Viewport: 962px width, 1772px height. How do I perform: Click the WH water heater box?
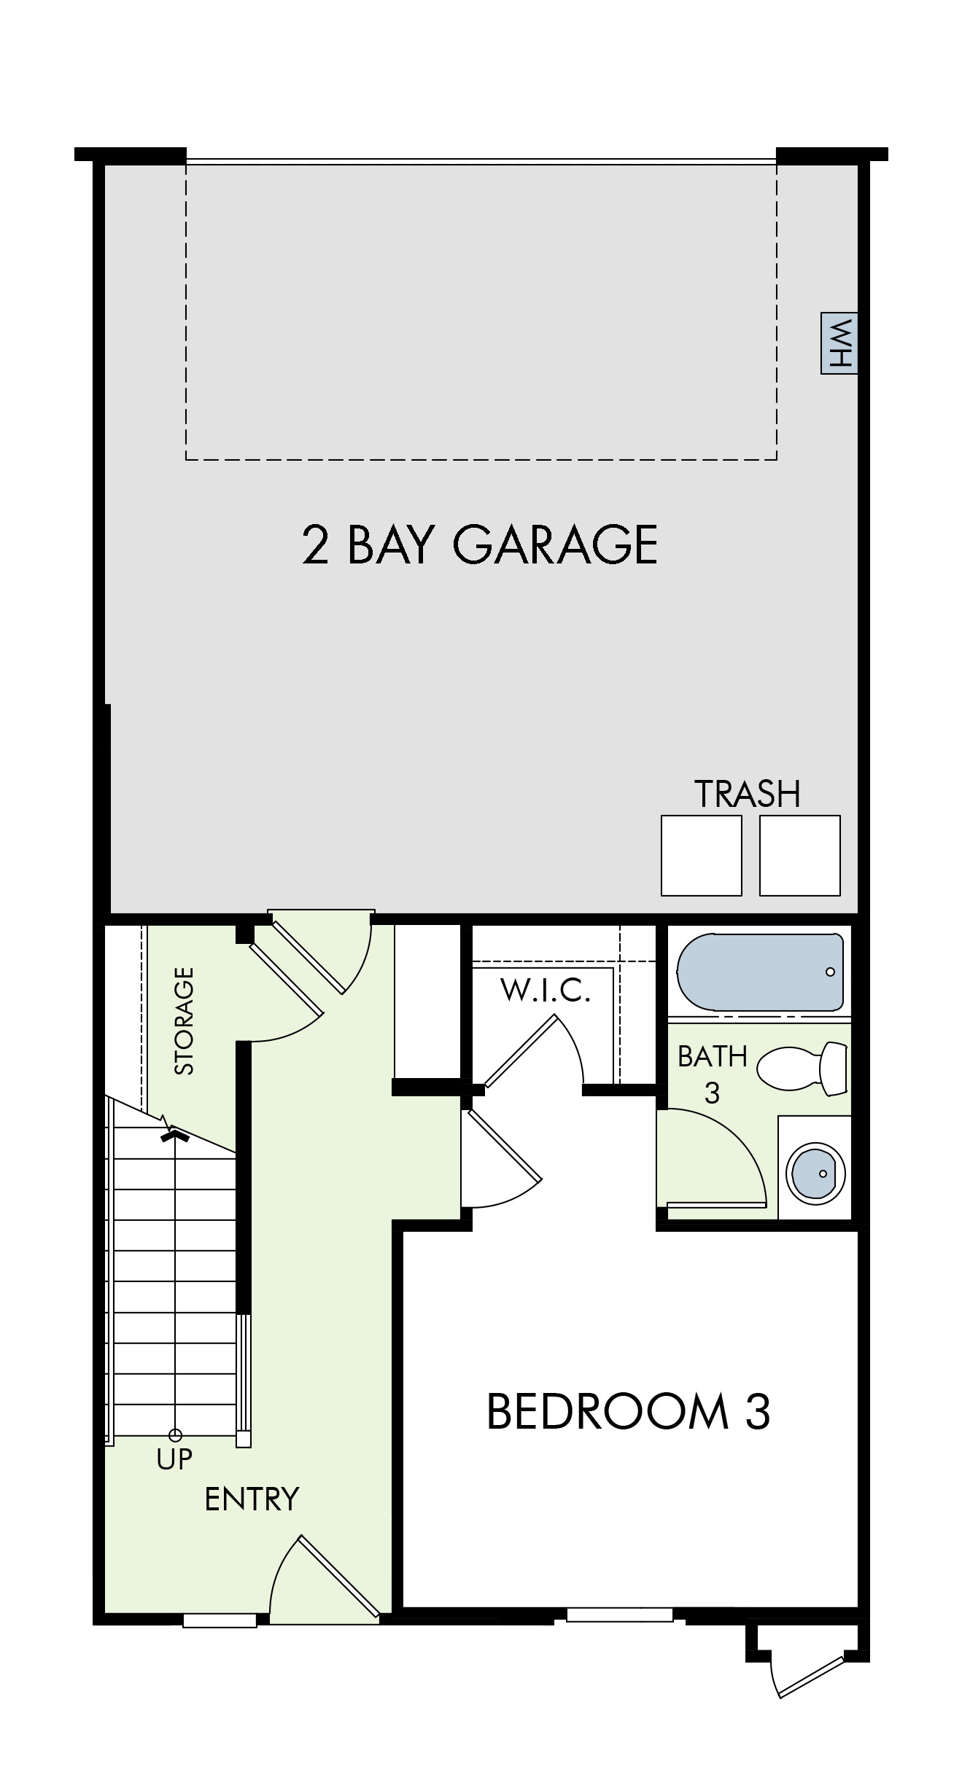click(839, 343)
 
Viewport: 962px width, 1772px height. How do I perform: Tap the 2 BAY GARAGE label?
click(480, 545)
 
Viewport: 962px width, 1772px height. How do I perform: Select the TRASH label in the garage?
click(748, 794)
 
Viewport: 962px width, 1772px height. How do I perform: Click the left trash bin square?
click(701, 855)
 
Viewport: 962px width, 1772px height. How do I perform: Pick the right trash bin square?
click(799, 855)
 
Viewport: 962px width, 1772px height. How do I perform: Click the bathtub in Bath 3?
click(761, 972)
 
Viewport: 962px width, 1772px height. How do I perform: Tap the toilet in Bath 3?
click(802, 1069)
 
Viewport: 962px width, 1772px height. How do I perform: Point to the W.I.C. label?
click(545, 991)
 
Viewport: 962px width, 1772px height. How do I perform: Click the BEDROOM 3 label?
click(628, 1411)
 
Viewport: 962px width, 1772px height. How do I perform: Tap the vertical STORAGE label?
click(185, 1020)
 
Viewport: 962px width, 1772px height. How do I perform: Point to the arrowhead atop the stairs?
click(175, 1135)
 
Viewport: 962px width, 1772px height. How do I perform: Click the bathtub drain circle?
click(830, 972)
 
